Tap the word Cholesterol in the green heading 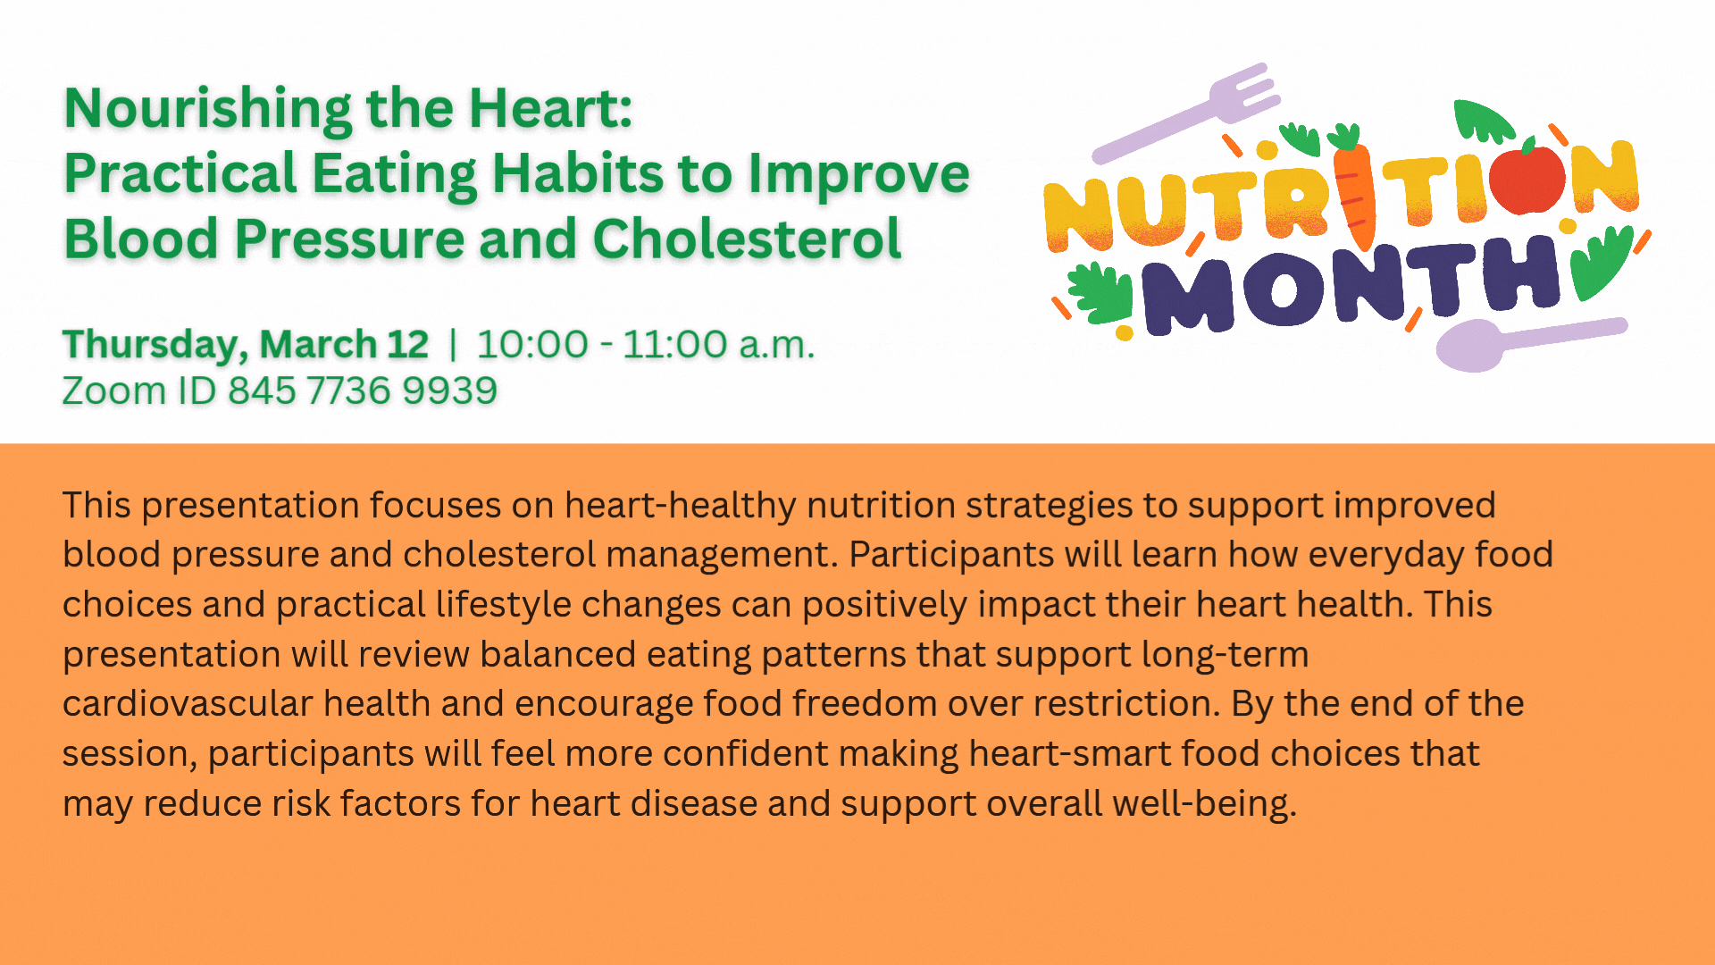pyautogui.click(x=747, y=239)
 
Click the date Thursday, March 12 pyautogui.click(x=246, y=345)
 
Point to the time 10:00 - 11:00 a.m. pyautogui.click(x=645, y=345)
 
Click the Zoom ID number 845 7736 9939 pyautogui.click(x=362, y=391)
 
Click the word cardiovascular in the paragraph pyautogui.click(x=187, y=704)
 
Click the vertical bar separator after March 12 pyautogui.click(x=453, y=345)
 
